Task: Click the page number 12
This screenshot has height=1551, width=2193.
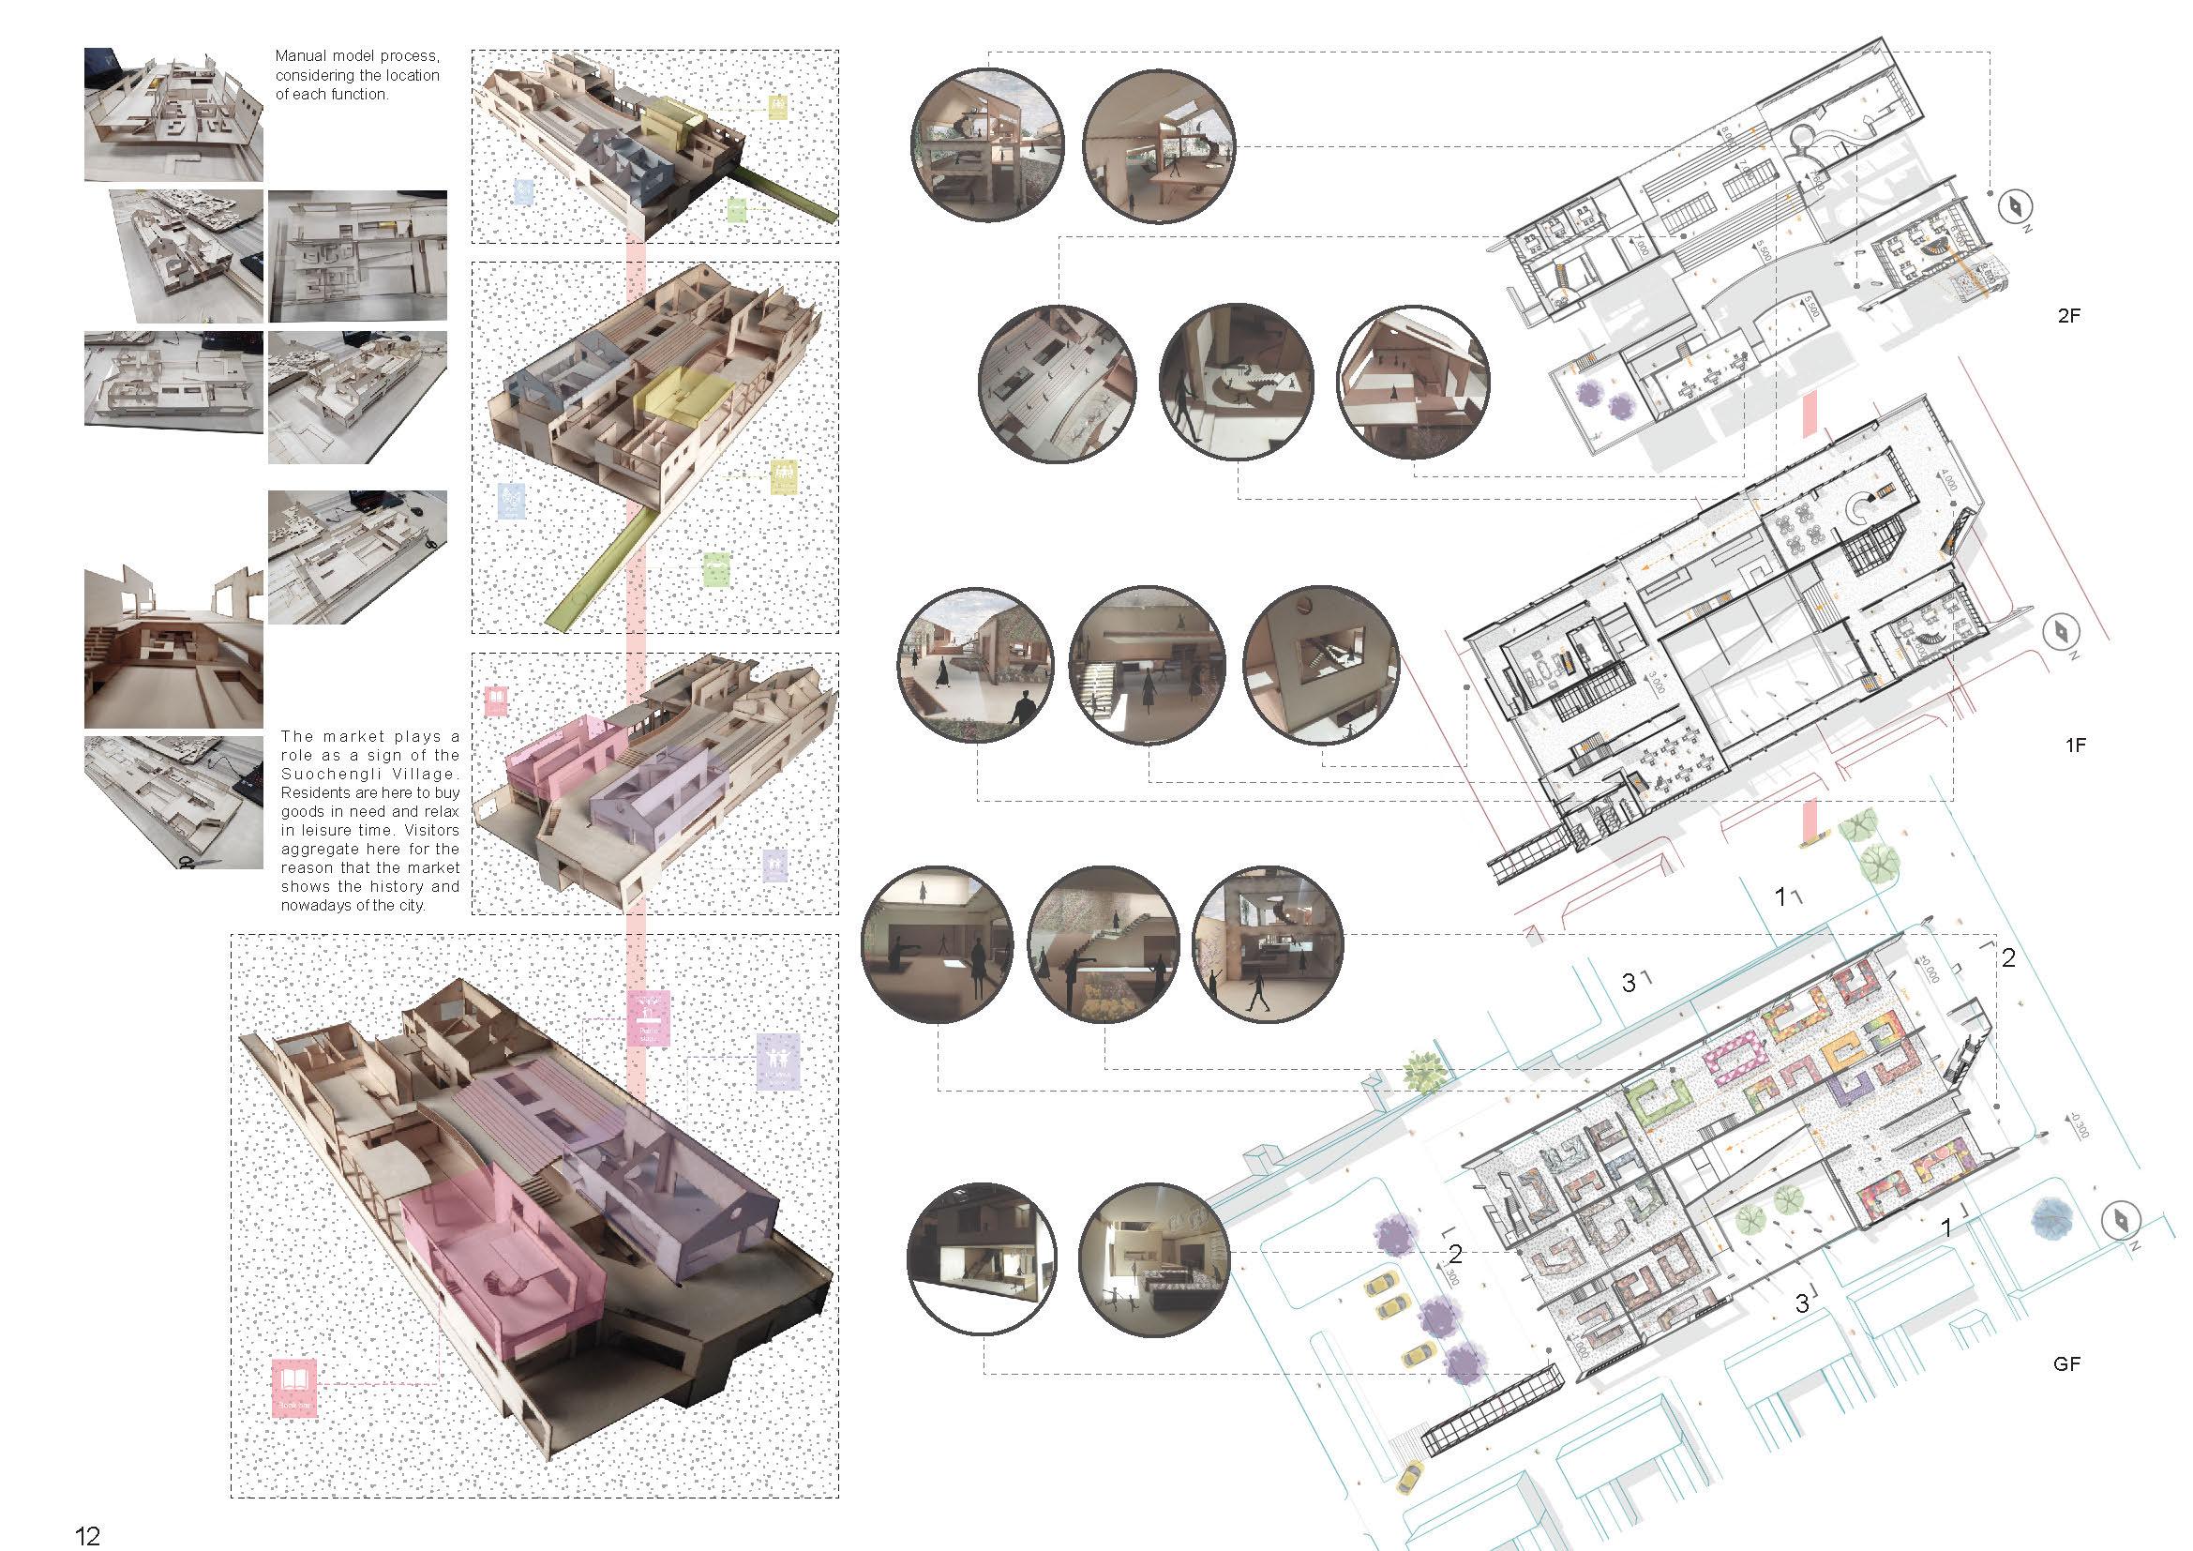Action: (x=87, y=1535)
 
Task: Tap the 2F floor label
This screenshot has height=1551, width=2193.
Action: (x=2069, y=315)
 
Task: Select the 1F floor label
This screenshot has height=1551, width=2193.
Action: (x=2074, y=745)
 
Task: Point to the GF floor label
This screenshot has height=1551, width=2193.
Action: (x=2066, y=1363)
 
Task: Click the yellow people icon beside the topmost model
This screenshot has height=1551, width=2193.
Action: (x=780, y=105)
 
